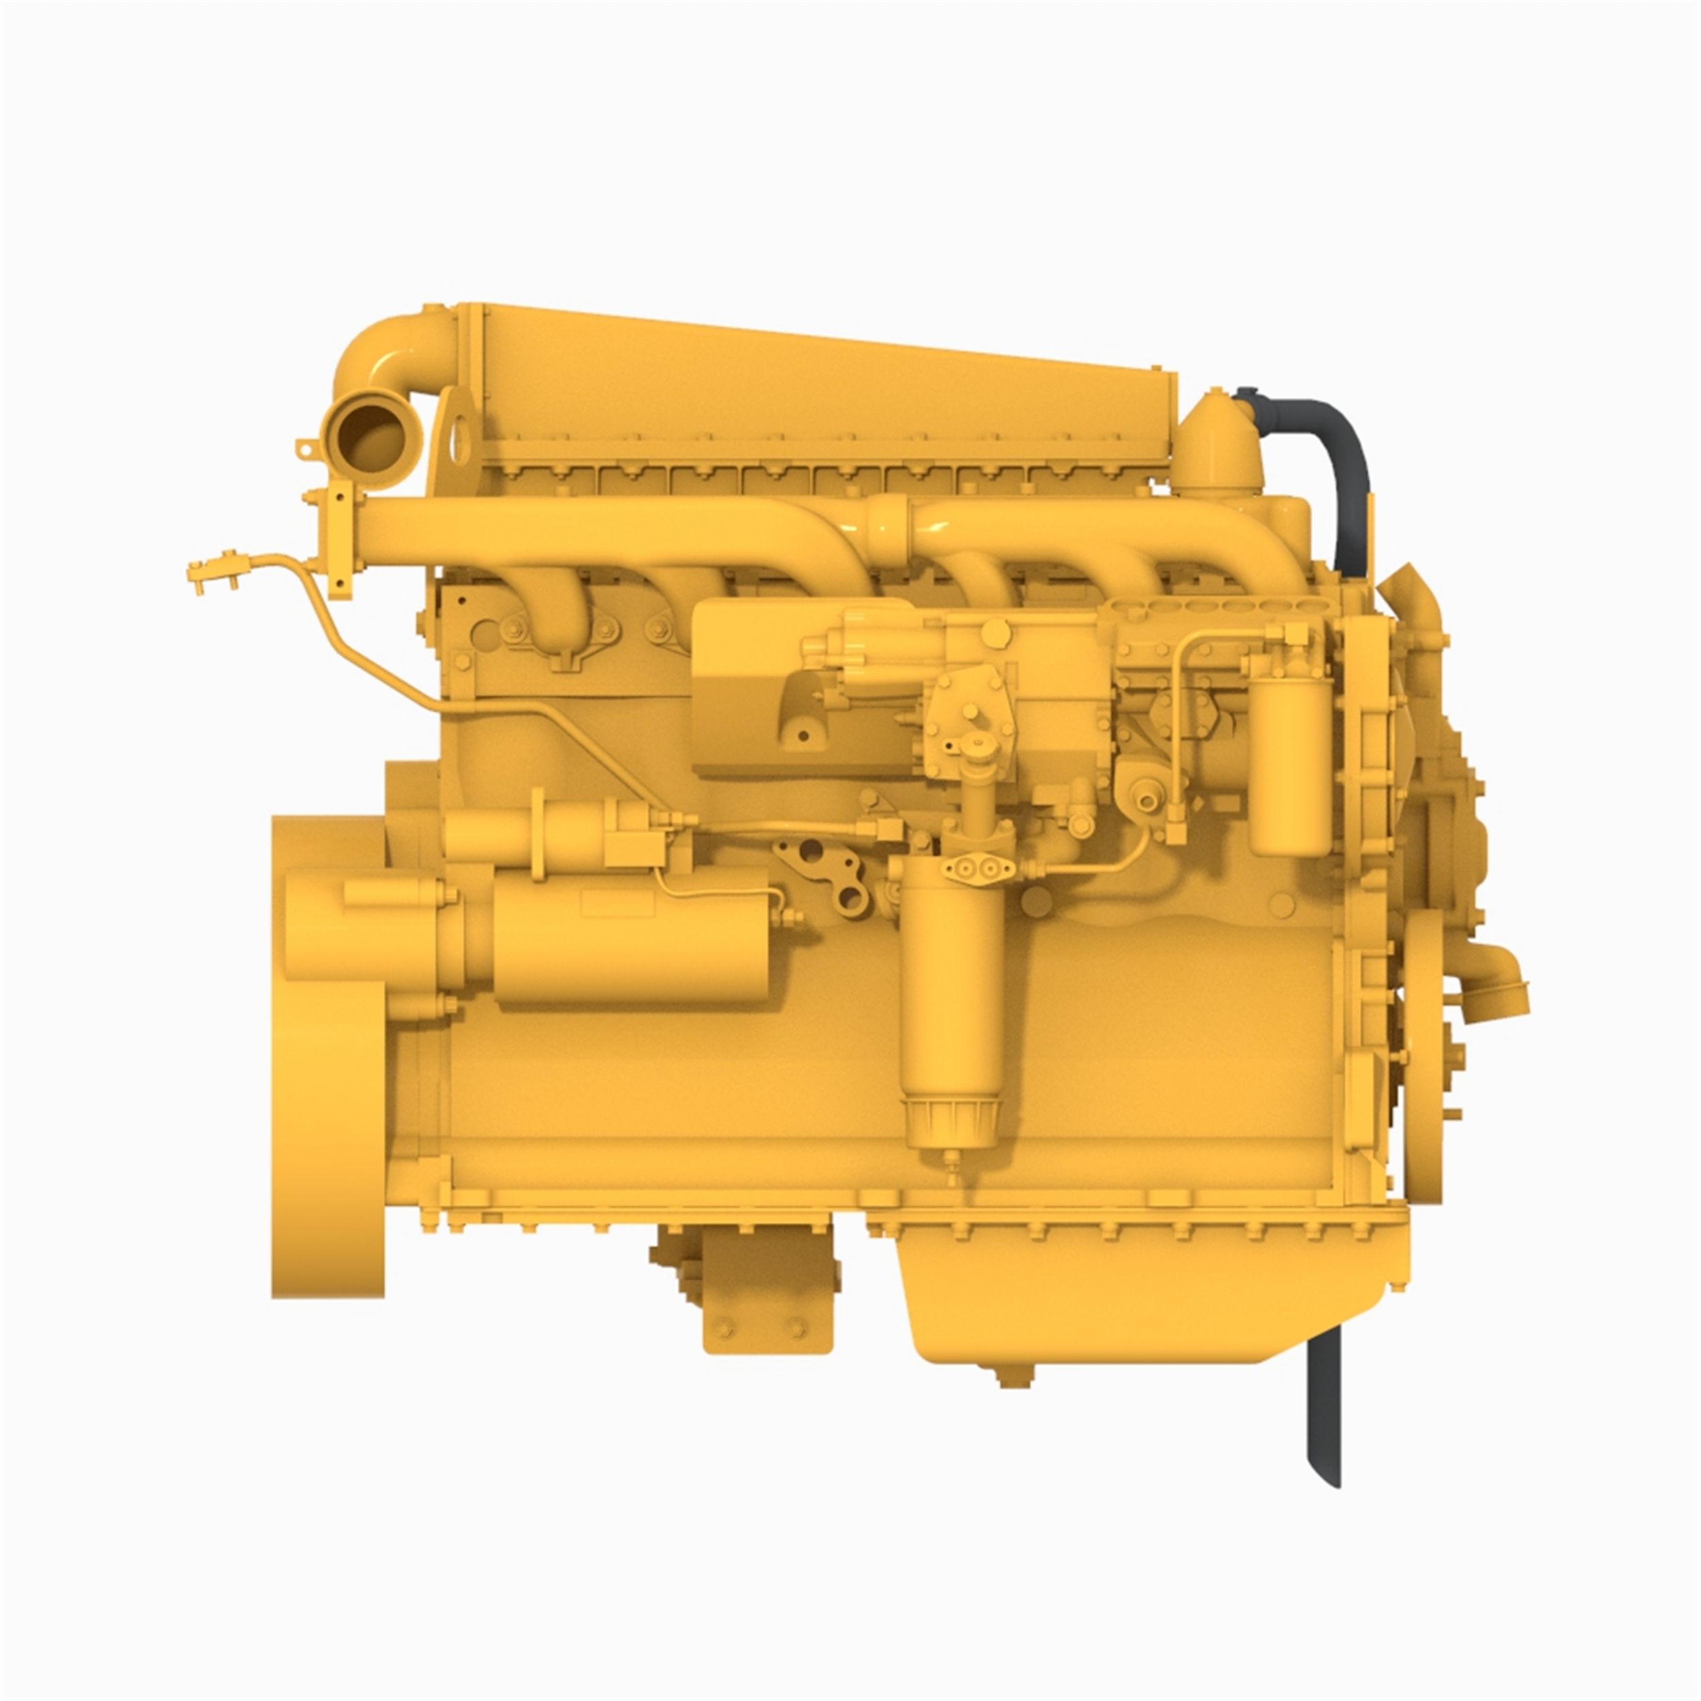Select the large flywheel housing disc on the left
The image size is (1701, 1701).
pos(327,1057)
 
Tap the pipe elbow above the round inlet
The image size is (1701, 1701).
pos(387,352)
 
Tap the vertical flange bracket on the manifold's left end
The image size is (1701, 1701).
pos(339,542)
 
